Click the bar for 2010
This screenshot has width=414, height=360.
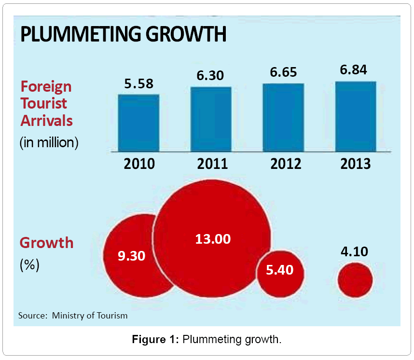(x=138, y=123)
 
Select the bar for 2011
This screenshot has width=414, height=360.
(x=211, y=119)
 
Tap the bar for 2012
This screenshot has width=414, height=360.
(x=283, y=118)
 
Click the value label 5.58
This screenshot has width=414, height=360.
(x=138, y=83)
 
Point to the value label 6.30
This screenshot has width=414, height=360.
(x=211, y=76)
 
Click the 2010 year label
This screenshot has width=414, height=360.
(x=139, y=164)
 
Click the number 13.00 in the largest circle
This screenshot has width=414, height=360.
(x=213, y=238)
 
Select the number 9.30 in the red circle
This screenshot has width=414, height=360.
(x=131, y=256)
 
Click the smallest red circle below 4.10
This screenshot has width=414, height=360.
(x=355, y=280)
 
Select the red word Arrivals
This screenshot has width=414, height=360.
(x=46, y=120)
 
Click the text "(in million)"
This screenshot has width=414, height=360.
(x=49, y=143)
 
